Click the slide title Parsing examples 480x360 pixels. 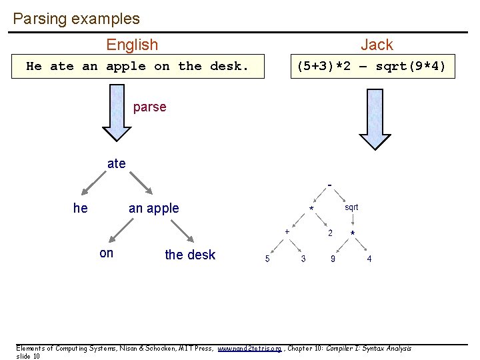(x=76, y=19)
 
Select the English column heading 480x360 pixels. (x=132, y=45)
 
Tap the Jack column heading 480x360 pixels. (x=377, y=45)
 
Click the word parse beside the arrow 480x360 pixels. (x=149, y=107)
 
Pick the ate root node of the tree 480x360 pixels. (x=116, y=163)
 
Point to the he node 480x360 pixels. (x=80, y=208)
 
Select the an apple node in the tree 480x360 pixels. (x=153, y=208)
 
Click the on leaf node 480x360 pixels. (x=106, y=253)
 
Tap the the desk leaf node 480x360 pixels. (x=190, y=255)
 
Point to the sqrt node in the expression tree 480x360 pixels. (x=351, y=207)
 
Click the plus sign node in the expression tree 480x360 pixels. (x=287, y=231)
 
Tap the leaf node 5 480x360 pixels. (x=267, y=259)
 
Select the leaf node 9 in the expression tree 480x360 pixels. (x=333, y=259)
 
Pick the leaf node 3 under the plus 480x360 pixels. (x=303, y=259)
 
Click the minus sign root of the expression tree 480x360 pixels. (x=329, y=185)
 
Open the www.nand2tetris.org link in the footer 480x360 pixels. (x=249, y=349)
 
